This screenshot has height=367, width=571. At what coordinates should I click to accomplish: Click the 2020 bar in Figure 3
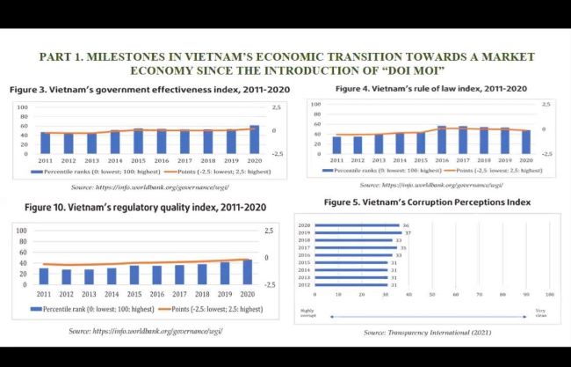pyautogui.click(x=254, y=140)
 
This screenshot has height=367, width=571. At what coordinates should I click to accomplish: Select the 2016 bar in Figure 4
pyautogui.click(x=442, y=140)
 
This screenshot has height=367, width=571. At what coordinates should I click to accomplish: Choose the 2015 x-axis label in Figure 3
pyautogui.click(x=138, y=161)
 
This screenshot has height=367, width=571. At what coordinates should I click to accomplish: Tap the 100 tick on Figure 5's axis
pyautogui.click(x=549, y=293)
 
